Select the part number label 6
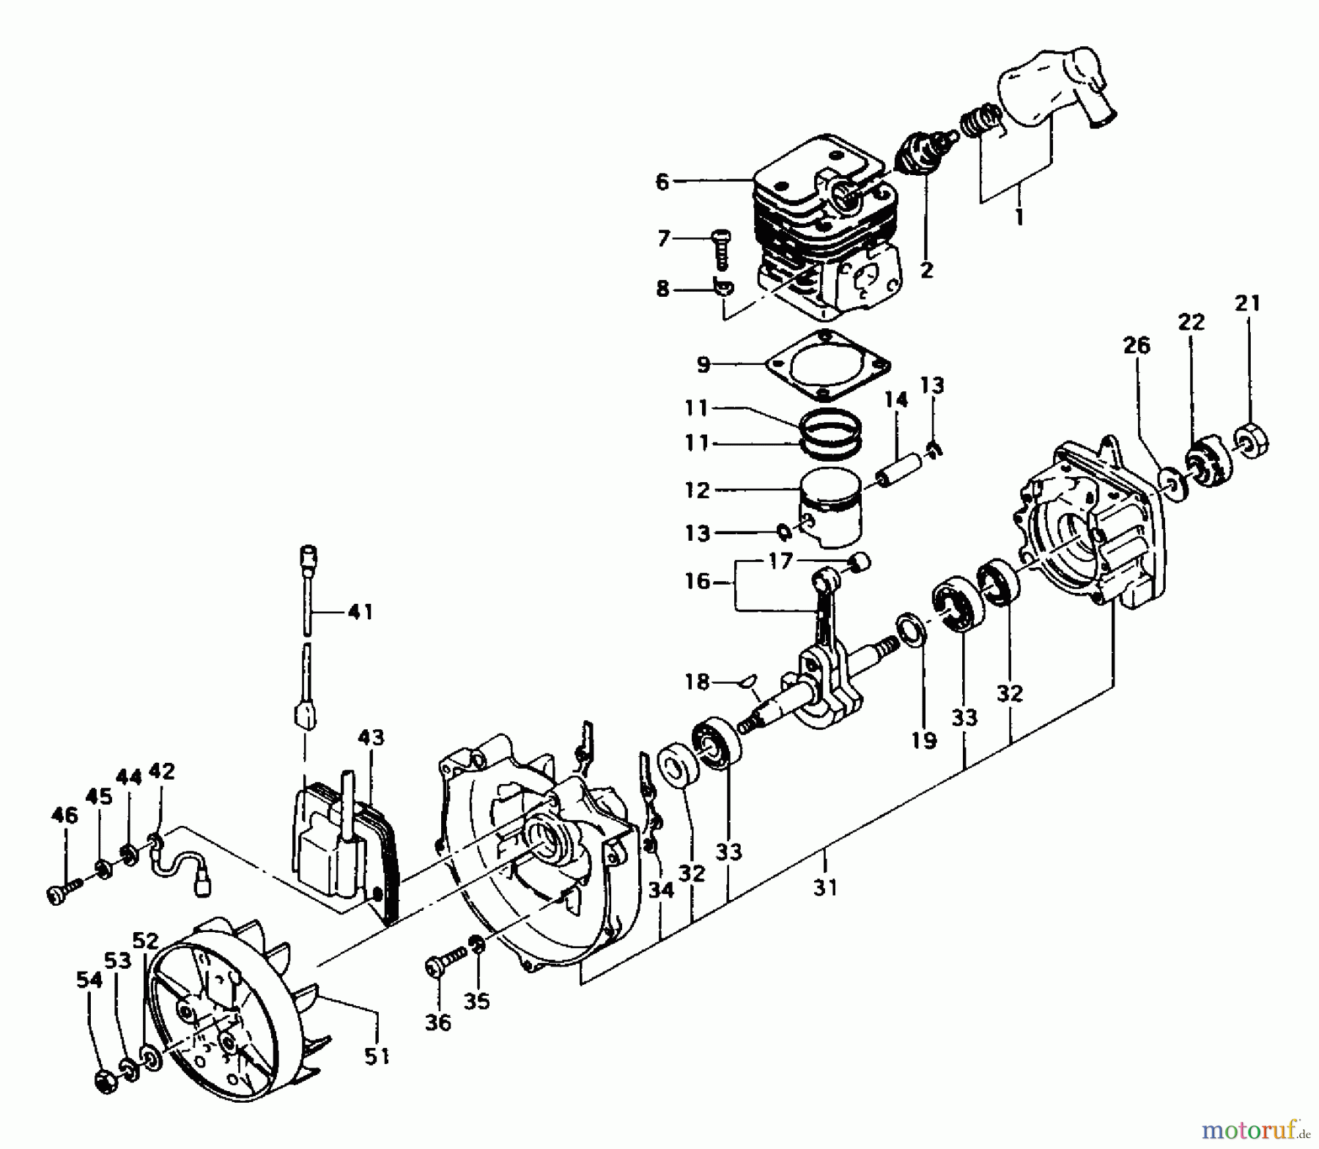(662, 181)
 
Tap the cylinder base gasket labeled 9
(828, 364)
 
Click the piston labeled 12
(831, 505)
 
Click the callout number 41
(359, 612)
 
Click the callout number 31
(825, 887)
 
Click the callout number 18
(697, 682)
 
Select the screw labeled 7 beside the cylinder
(720, 249)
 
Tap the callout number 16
(698, 581)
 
